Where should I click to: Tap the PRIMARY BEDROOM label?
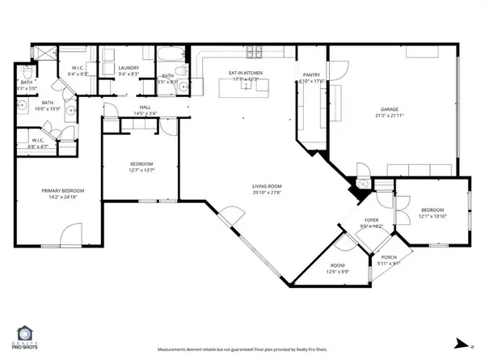coord(62,191)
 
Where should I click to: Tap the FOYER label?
coord(371,219)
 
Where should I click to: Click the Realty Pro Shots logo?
coord(27,337)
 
